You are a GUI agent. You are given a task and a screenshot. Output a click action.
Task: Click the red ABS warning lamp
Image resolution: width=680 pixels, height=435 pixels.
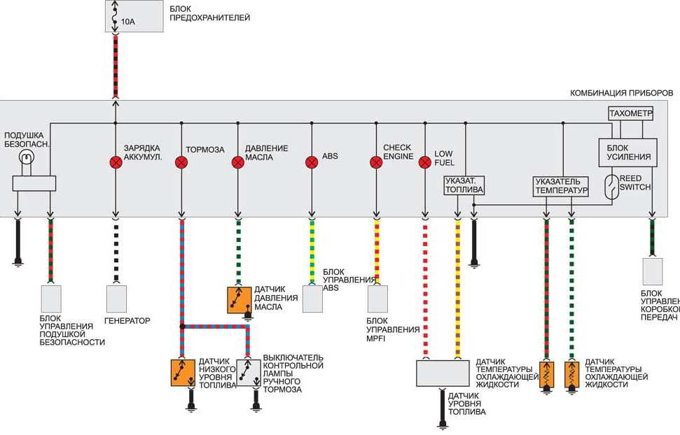click(312, 162)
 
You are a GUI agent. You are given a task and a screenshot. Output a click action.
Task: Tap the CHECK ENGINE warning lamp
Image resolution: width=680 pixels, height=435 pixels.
click(376, 162)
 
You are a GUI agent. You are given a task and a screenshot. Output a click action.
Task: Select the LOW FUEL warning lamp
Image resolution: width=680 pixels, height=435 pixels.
click(425, 162)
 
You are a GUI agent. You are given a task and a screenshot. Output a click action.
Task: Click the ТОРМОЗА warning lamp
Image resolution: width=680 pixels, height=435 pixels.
click(181, 162)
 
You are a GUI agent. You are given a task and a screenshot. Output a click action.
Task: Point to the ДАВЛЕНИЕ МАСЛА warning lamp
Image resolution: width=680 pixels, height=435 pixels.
click(237, 162)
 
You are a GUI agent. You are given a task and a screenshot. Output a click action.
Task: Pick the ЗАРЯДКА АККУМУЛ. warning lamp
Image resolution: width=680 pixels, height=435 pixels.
click(116, 162)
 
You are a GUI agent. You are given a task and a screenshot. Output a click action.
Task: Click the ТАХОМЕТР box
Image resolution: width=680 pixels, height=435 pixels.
click(631, 113)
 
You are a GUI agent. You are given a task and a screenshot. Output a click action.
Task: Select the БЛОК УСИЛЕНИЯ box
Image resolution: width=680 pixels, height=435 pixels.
click(628, 152)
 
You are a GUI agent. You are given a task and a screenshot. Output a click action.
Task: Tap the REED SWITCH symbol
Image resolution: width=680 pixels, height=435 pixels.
click(612, 187)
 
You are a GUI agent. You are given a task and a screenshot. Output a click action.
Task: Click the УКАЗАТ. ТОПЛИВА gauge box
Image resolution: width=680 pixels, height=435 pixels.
click(464, 185)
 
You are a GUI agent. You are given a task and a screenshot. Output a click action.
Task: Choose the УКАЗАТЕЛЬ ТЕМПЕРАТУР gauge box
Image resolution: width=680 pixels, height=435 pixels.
click(561, 186)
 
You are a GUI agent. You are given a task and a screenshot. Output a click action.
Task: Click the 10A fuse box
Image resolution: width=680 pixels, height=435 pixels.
click(134, 16)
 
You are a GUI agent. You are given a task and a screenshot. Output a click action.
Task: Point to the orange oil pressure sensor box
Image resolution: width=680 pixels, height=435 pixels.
click(240, 300)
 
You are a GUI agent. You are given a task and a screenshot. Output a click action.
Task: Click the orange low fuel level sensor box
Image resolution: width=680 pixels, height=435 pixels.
click(183, 373)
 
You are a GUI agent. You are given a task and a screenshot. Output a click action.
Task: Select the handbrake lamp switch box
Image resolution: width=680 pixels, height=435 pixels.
click(249, 373)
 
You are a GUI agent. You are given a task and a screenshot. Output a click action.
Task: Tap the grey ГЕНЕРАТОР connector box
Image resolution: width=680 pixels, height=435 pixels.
click(117, 299)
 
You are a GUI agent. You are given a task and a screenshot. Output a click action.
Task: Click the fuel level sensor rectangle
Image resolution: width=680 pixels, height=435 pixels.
click(443, 373)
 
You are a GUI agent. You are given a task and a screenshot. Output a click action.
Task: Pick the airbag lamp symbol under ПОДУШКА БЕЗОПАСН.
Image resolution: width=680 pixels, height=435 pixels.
click(27, 157)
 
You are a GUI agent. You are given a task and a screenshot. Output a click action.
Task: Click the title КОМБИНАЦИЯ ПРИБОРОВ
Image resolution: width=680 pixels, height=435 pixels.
click(621, 93)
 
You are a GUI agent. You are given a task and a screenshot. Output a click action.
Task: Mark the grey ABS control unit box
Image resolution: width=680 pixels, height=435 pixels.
click(312, 299)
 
